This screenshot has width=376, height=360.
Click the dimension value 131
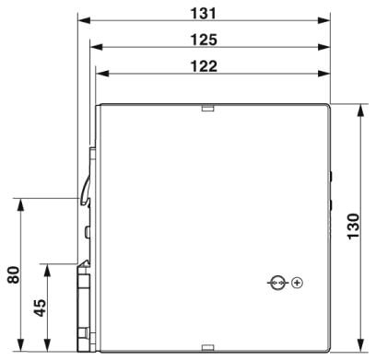click(204, 13)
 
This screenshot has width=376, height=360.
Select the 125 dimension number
click(204, 40)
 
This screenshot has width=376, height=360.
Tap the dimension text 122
click(204, 66)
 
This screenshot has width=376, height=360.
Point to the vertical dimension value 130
click(353, 226)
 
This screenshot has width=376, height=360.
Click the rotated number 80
click(14, 274)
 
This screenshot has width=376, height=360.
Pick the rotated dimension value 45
click(40, 308)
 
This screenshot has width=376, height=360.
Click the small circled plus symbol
click(297, 283)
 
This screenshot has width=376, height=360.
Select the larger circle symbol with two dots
click(278, 283)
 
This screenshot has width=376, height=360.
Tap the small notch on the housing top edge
click(207, 109)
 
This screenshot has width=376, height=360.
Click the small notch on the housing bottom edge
click(207, 347)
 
